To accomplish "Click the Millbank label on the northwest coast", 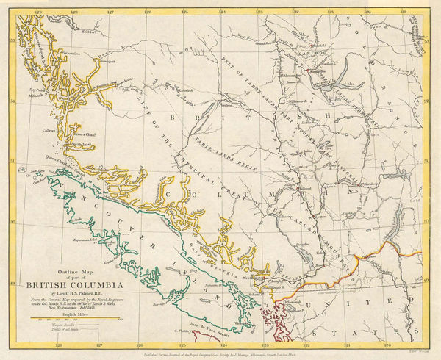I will [x=38, y=95].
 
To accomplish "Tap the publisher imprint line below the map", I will [x=220, y=352].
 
